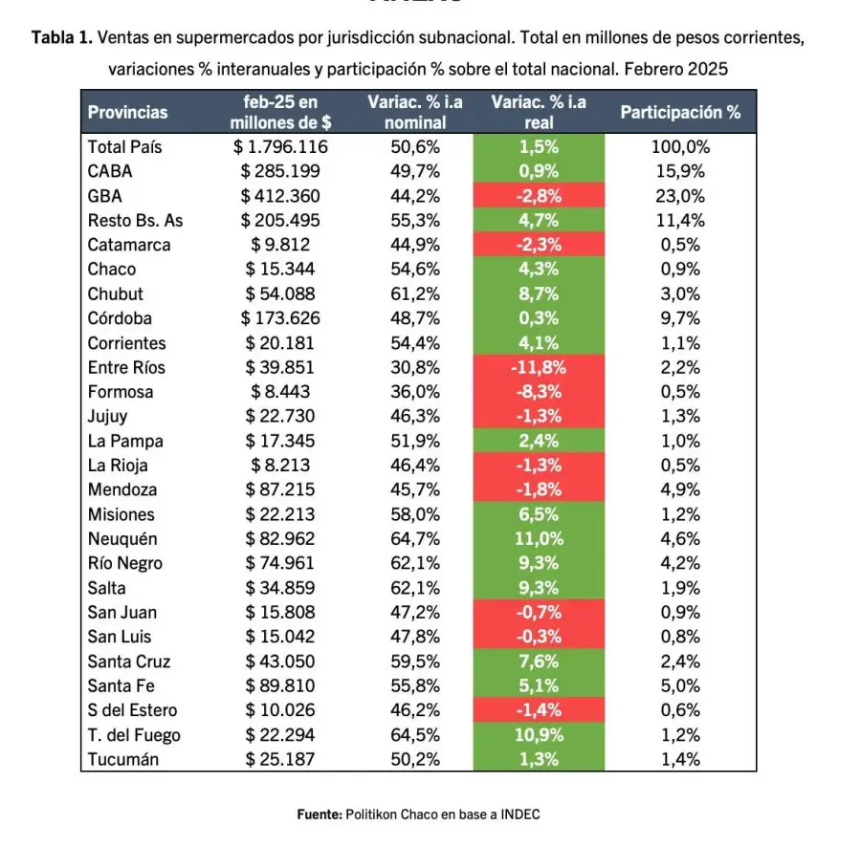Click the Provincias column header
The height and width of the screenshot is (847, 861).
pos(127,112)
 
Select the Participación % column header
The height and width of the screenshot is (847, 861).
pos(680,112)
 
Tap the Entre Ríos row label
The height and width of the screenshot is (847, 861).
pos(126,367)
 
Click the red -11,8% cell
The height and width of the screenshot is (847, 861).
pos(539,367)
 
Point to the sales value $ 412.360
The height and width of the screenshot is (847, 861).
pos(280,196)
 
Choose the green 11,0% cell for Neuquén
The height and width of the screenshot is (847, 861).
pos(539,538)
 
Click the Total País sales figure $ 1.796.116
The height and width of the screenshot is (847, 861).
pos(280,147)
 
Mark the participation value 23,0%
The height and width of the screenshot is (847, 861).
pos(680,196)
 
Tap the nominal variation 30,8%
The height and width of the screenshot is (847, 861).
pos(415,367)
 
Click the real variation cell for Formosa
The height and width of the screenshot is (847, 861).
pos(539,392)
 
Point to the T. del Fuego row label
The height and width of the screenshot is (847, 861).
pos(134,735)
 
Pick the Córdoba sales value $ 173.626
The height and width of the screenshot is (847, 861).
pos(280,318)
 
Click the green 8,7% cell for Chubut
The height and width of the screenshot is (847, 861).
pos(539,293)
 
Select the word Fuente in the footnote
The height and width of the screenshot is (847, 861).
pos(319,814)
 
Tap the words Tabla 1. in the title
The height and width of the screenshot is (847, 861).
pos(63,38)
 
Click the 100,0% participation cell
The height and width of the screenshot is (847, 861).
pos(680,147)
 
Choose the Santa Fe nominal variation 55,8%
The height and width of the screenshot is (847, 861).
pos(415,685)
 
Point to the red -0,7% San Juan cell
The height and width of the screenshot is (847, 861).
pos(539,612)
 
